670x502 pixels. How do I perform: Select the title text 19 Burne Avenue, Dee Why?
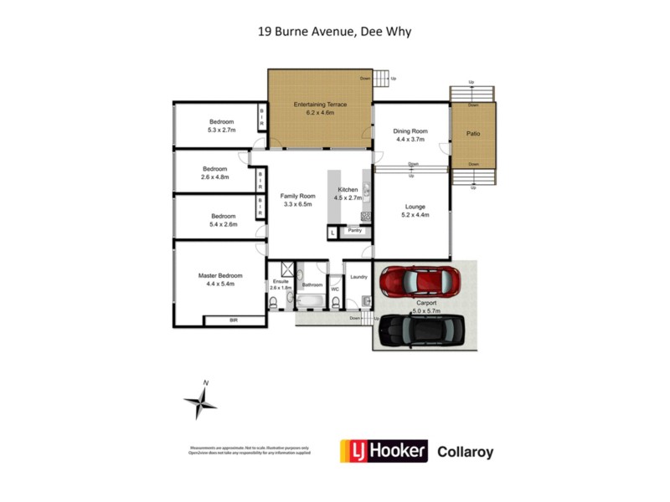[x=334, y=33]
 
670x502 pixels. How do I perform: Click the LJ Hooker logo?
[x=383, y=451]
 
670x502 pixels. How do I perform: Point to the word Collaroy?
[x=466, y=452]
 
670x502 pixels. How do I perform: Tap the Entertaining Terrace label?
[x=320, y=105]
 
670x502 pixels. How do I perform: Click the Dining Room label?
[x=410, y=131]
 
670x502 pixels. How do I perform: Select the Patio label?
[x=473, y=133]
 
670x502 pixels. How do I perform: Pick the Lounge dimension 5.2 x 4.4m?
[x=415, y=215]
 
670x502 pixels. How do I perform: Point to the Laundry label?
[x=359, y=277]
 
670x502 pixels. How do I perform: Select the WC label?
[x=336, y=289]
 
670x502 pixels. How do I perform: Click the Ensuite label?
[x=280, y=282]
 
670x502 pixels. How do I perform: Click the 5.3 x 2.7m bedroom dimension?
[x=222, y=131]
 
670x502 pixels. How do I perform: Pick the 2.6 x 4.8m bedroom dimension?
[x=215, y=177]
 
